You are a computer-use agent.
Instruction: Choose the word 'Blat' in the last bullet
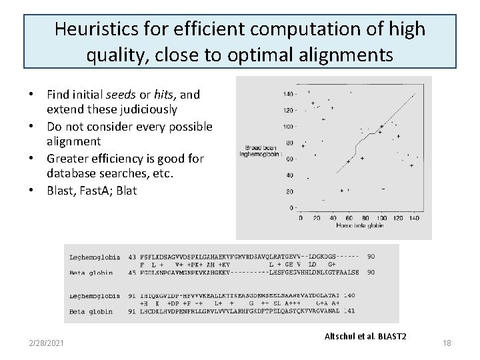coord(126,191)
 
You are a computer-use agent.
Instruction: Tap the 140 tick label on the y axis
coord(289,93)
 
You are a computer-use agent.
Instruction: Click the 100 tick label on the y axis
coord(289,126)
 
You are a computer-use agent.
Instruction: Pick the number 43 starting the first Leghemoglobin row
coord(132,257)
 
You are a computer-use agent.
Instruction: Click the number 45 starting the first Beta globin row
coord(132,272)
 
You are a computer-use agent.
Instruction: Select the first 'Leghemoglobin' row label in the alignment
coord(95,257)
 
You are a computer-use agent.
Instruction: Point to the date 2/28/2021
coord(47,343)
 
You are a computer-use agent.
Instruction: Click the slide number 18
coord(446,343)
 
